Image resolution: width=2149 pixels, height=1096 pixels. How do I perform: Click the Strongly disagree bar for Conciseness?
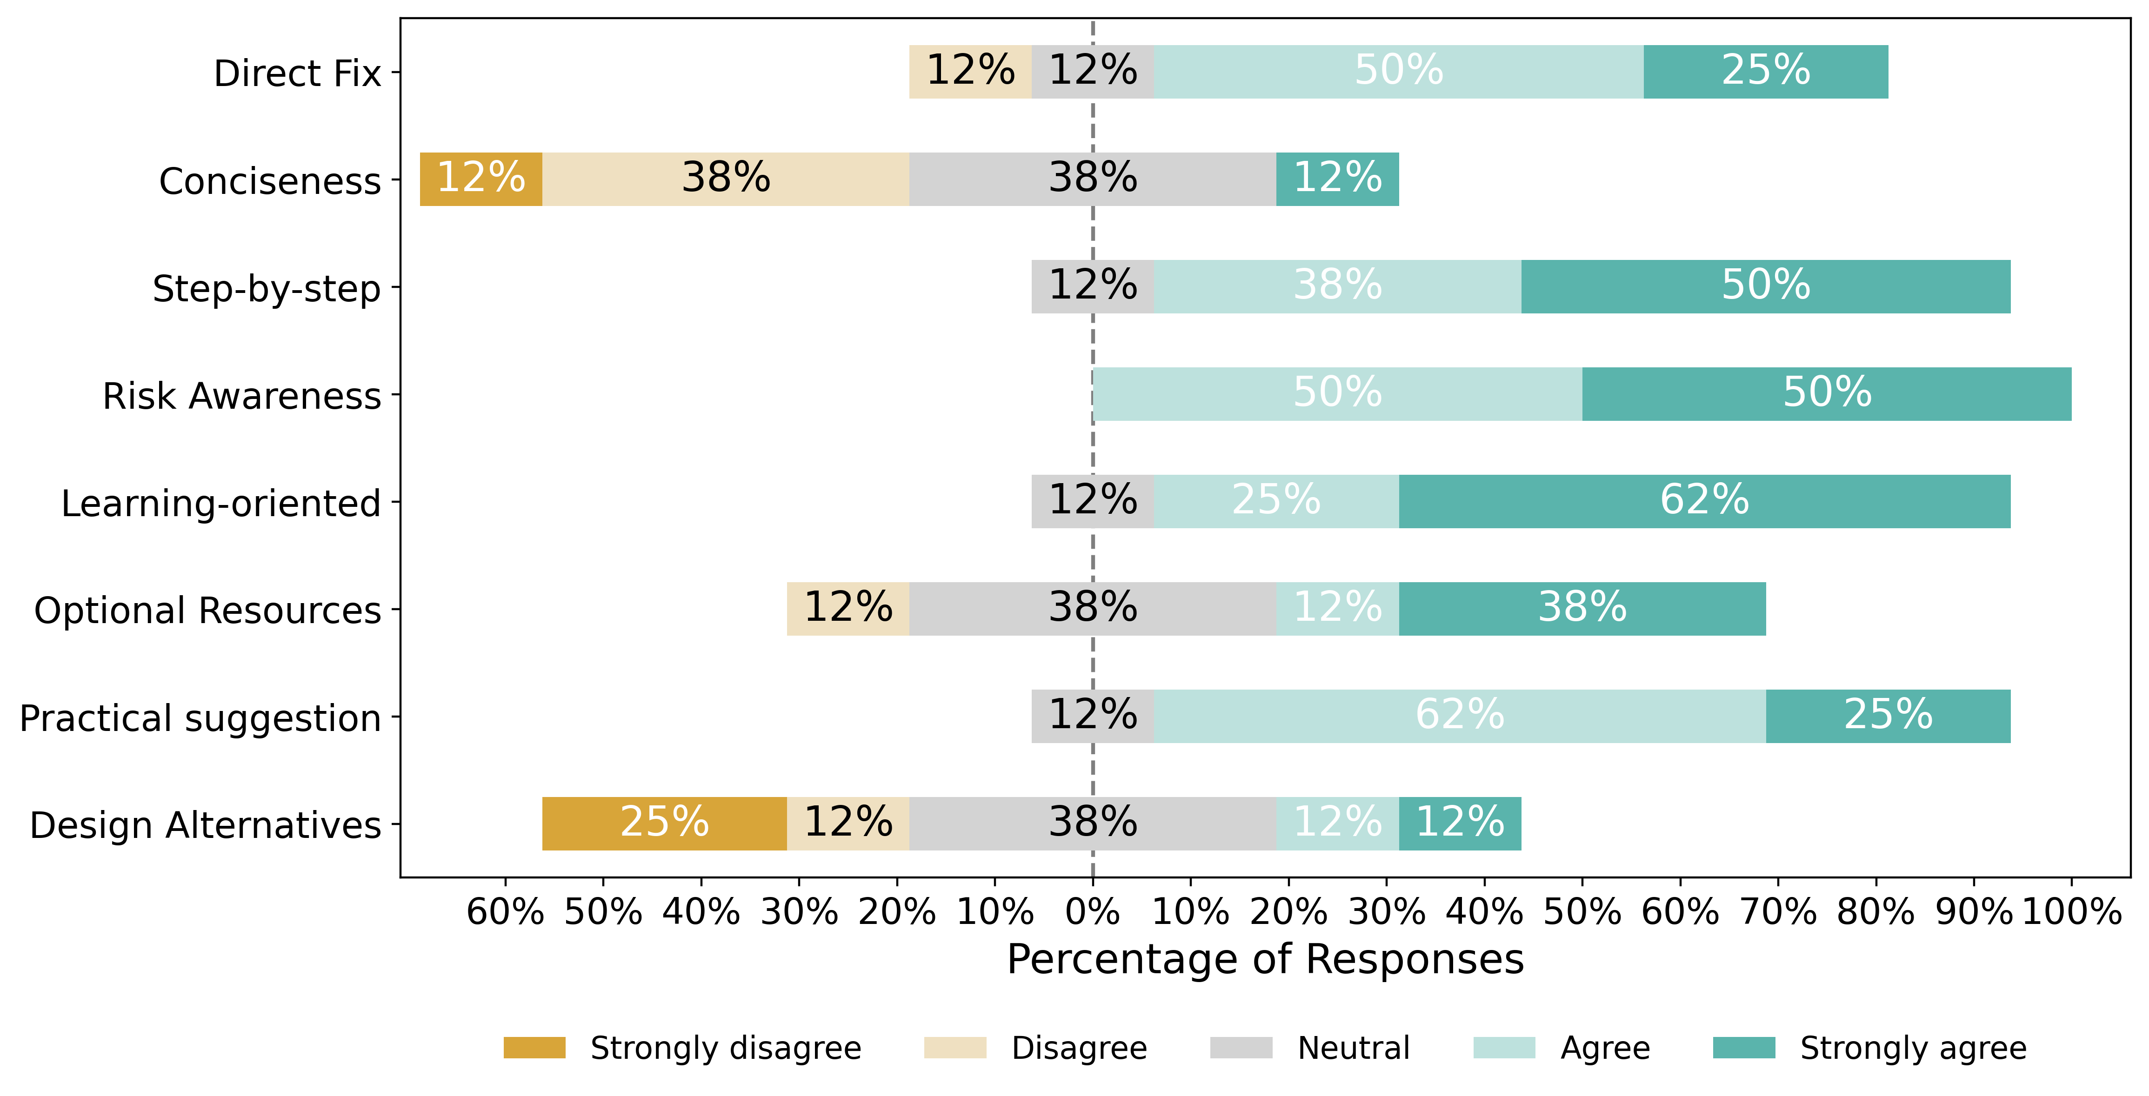pos(481,179)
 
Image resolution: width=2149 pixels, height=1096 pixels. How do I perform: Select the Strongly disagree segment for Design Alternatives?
pos(665,824)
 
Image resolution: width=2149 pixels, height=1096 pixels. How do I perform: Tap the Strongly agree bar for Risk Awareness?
pos(1827,394)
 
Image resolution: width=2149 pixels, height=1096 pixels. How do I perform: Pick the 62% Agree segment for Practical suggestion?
pos(1460,717)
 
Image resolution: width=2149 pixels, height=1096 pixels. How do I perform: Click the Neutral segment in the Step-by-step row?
pos(1093,287)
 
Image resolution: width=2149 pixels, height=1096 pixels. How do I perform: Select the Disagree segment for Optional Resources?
pos(848,609)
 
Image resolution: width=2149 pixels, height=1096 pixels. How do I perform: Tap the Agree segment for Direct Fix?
pos(1399,72)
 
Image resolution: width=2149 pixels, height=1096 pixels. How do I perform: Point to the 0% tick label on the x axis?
pos(1093,912)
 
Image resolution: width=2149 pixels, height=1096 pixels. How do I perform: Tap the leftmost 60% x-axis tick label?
pos(506,912)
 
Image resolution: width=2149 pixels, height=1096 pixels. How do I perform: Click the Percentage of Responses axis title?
pos(1266,959)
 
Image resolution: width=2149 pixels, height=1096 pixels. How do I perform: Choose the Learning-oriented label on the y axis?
pos(221,503)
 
